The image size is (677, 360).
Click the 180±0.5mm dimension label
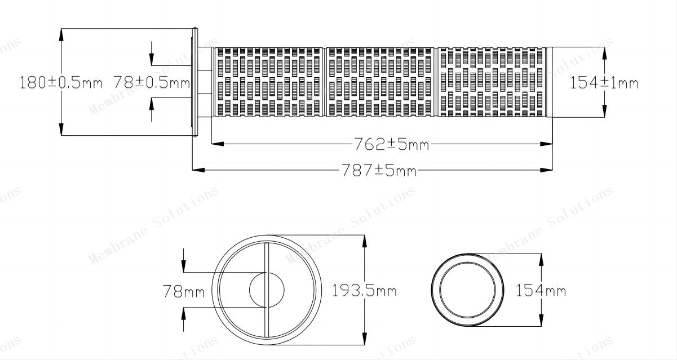coord(61,82)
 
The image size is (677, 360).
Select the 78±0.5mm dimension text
coord(152,82)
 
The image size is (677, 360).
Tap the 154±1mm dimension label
coord(604,82)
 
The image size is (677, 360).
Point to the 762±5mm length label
coord(391,144)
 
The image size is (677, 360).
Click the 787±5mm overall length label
coord(379,170)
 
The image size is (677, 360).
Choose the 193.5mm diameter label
coord(365,291)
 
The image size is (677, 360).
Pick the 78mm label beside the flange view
coord(184,291)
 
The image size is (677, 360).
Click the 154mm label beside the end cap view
coord(541,291)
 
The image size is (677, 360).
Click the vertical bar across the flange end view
coord(267,290)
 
